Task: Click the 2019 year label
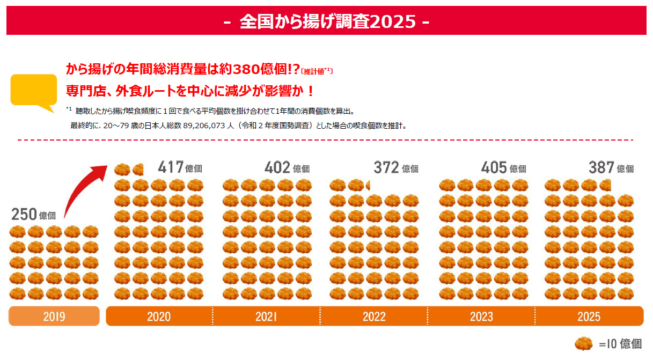tap(54, 317)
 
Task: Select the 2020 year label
tap(159, 317)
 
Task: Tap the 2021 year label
tap(266, 317)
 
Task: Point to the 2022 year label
tap(374, 317)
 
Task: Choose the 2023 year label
tap(481, 317)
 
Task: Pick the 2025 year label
tap(589, 317)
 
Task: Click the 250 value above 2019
tap(24, 215)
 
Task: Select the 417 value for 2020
tap(171, 167)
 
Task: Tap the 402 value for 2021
tap(277, 167)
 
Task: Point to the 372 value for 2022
tap(386, 167)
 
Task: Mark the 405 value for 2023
tap(494, 167)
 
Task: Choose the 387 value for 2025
tap(601, 167)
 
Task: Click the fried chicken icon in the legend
tap(584, 344)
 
